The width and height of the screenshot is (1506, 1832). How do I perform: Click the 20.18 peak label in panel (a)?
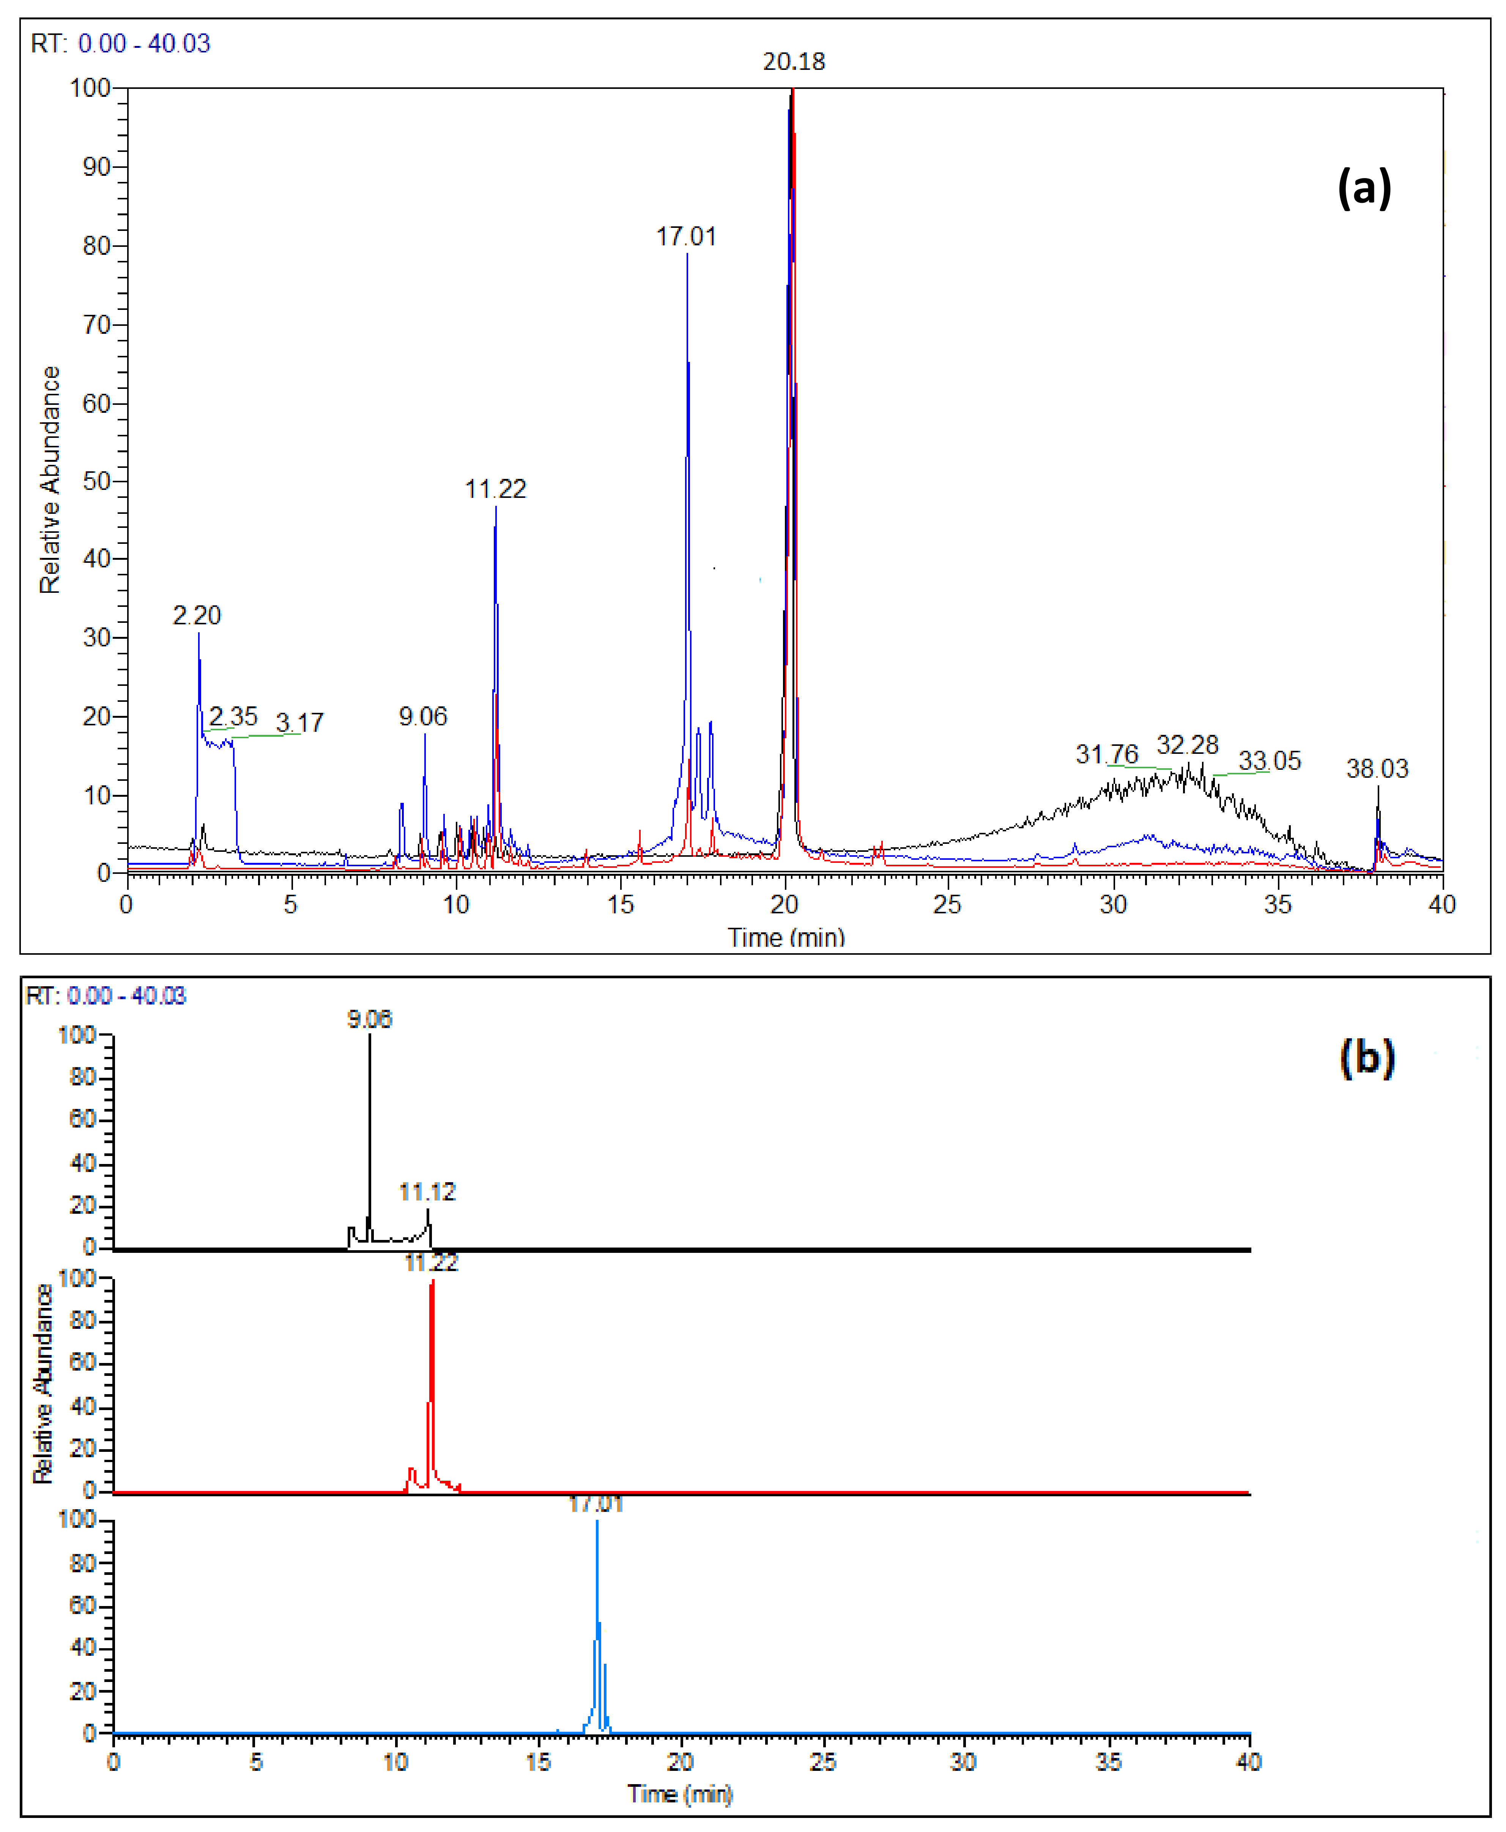pyautogui.click(x=794, y=62)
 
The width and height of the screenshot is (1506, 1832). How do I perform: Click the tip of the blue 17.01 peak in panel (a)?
pyautogui.click(x=687, y=253)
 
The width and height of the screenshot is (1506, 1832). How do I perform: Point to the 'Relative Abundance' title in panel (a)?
pyautogui.click(x=49, y=480)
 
